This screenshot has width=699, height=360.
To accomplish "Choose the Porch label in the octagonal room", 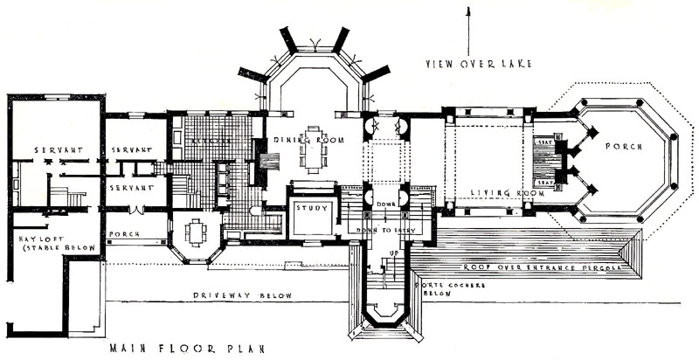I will tap(629, 146).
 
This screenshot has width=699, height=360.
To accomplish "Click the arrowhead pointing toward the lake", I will tap(470, 11).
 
